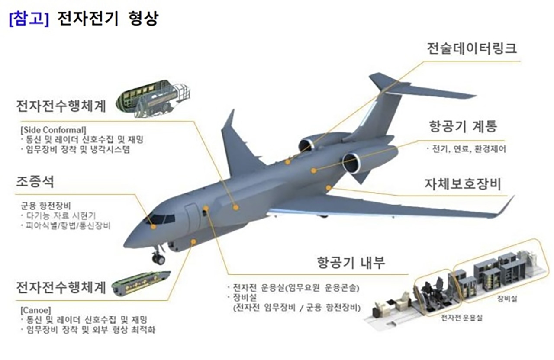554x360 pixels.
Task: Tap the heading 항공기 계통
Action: pos(463,127)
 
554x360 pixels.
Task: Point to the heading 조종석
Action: pos(35,181)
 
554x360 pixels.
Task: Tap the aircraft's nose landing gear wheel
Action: pos(158,259)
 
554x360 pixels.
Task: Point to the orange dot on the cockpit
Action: pos(153,226)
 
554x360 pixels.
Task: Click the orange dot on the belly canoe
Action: pos(194,242)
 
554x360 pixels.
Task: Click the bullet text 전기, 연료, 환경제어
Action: pos(468,149)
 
